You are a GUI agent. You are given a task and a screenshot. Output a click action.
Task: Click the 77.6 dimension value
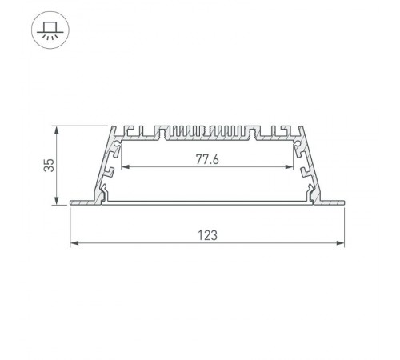207,158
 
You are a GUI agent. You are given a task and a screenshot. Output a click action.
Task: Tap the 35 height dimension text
50,166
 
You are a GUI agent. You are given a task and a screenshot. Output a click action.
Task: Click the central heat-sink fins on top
207,132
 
